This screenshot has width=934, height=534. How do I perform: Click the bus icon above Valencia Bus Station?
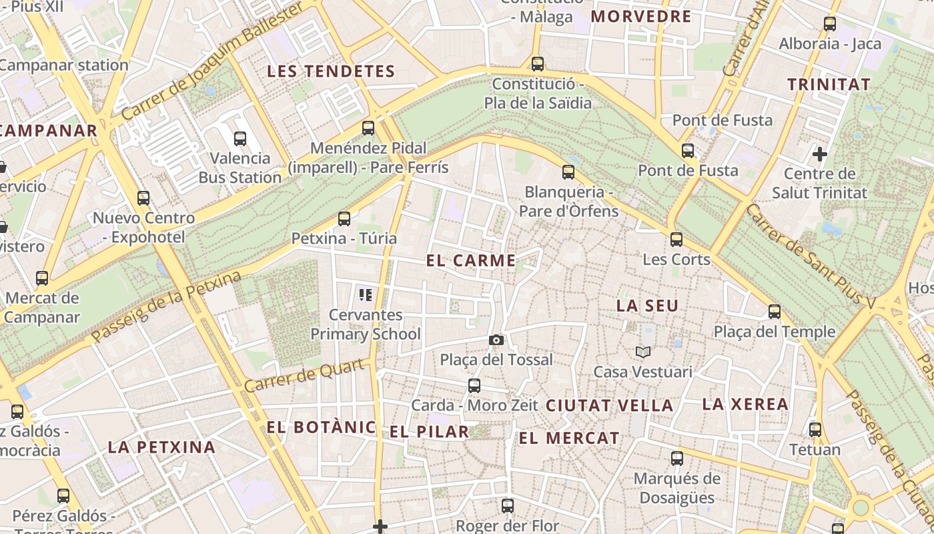[x=240, y=139]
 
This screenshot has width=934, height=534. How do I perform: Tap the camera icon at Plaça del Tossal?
[x=496, y=340]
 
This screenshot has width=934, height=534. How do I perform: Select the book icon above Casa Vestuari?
[x=642, y=352]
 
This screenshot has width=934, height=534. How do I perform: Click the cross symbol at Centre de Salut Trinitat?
[x=820, y=154]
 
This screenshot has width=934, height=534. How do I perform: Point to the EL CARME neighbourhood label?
[x=471, y=261]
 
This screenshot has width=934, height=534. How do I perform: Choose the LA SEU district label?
[x=647, y=306]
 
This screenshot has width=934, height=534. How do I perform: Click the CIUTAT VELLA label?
[x=610, y=405]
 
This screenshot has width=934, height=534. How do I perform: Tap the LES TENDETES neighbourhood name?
[x=332, y=71]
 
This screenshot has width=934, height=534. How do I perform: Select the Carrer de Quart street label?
[x=305, y=376]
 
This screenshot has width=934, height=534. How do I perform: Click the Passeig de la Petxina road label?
[x=166, y=308]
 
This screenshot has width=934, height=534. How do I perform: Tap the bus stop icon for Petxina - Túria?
[x=344, y=218]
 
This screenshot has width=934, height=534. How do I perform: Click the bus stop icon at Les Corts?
[x=676, y=239]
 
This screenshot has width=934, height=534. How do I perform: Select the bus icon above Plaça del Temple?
[x=775, y=312]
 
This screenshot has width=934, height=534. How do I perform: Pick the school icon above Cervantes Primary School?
[x=365, y=294]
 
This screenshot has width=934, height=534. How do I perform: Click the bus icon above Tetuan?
[x=815, y=429]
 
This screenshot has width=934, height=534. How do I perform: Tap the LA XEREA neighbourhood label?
[x=745, y=404]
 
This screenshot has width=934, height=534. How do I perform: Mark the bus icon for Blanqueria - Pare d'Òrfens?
[x=568, y=172]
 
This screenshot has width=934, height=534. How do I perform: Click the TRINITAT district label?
[x=829, y=85]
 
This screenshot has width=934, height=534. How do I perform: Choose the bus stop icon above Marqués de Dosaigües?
[x=677, y=459]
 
